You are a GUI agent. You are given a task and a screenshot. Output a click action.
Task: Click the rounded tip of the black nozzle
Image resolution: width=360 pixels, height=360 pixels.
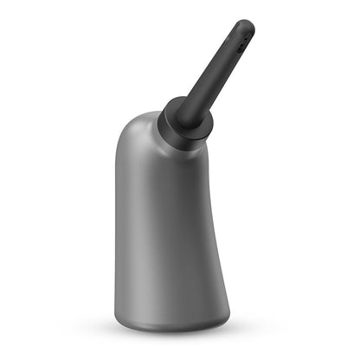coord(246,25)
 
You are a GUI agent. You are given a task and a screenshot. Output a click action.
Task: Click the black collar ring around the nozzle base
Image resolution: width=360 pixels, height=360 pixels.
coord(183,124)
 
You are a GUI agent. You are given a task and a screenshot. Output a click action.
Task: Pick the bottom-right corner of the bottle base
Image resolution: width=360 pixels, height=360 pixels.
coord(228,322)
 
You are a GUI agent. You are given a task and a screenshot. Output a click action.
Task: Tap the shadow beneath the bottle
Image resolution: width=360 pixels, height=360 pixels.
coord(173,335)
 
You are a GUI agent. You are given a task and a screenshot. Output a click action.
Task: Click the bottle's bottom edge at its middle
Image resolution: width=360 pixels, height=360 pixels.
coord(171,330)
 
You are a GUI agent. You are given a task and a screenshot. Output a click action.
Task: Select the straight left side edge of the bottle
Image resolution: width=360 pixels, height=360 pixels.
coord(115,234)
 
